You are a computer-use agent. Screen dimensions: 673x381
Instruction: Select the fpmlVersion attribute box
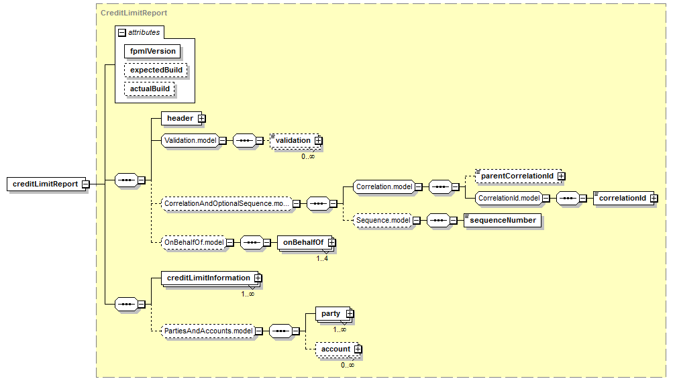pyautogui.click(x=152, y=51)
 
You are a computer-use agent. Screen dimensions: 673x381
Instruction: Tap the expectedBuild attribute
pyautogui.click(x=156, y=70)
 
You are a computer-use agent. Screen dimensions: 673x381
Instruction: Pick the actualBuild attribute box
pyautogui.click(x=150, y=89)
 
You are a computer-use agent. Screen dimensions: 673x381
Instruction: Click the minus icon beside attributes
pyautogui.click(x=122, y=33)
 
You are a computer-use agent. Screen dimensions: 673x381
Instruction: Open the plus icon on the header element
pyautogui.click(x=202, y=119)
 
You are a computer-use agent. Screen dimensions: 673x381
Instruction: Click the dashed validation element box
pyautogui.click(x=296, y=140)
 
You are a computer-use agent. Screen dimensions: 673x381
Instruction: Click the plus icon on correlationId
pyautogui.click(x=654, y=199)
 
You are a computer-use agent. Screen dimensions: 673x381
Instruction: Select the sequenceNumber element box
pyautogui.click(x=503, y=221)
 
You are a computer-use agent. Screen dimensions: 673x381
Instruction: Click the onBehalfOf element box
pyautogui.click(x=307, y=243)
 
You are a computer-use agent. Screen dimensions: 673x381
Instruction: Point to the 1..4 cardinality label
pyautogui.click(x=322, y=259)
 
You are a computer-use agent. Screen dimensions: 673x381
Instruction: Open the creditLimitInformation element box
pyautogui.click(x=211, y=278)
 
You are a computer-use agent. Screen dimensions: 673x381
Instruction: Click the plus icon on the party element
pyautogui.click(x=350, y=314)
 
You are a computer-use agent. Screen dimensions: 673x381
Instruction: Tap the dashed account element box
pyautogui.click(x=339, y=349)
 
